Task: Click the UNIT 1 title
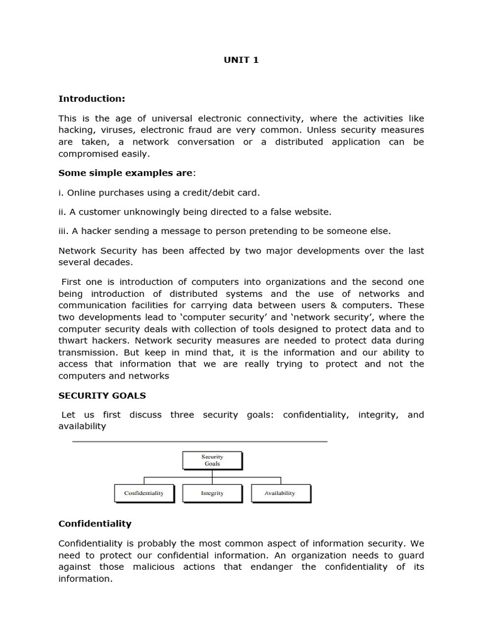[241, 60]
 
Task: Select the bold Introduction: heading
[92, 99]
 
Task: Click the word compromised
[86, 153]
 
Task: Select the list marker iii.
[64, 231]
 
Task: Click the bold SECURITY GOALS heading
[102, 396]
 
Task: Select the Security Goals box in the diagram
[212, 460]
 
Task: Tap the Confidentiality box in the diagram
[144, 493]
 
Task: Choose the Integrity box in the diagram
[212, 493]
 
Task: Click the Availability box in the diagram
[280, 493]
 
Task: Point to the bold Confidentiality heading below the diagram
[95, 523]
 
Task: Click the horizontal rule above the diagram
[200, 441]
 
